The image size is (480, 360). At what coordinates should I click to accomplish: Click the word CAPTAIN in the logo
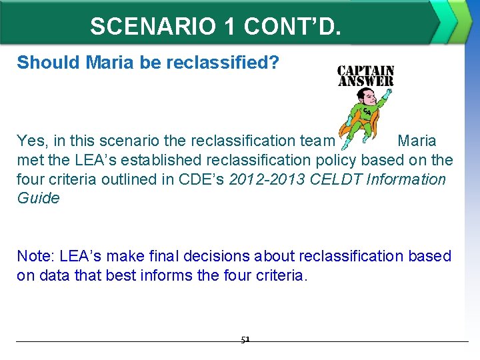pyautogui.click(x=365, y=71)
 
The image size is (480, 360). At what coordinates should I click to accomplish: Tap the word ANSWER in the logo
pyautogui.click(x=365, y=81)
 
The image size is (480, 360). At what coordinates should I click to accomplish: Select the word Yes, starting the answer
pyautogui.click(x=31, y=141)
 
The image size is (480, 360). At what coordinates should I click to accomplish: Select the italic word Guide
pyautogui.click(x=38, y=198)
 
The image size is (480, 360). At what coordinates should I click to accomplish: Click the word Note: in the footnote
pyautogui.click(x=36, y=256)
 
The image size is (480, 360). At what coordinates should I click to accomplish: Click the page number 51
pyautogui.click(x=245, y=339)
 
